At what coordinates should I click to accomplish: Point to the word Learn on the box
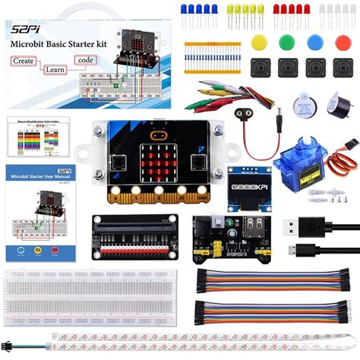click(x=55, y=69)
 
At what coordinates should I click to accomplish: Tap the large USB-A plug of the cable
click(x=295, y=226)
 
